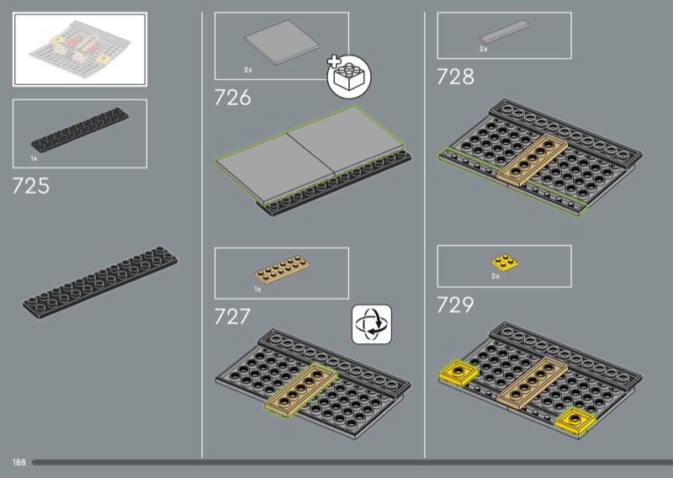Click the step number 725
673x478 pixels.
(x=31, y=186)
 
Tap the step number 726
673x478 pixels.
(x=233, y=98)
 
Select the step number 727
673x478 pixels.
(x=233, y=316)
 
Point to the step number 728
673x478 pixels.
(x=455, y=77)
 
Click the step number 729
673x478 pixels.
(x=455, y=305)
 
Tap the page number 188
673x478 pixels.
(x=19, y=463)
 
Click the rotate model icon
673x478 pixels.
(x=371, y=324)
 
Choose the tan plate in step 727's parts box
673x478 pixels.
(x=283, y=269)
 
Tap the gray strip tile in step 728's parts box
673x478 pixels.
(x=502, y=35)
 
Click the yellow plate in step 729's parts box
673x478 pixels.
(x=503, y=262)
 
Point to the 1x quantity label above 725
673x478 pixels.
(x=34, y=158)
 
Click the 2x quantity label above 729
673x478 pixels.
(x=495, y=276)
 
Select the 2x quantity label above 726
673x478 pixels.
(x=248, y=70)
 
